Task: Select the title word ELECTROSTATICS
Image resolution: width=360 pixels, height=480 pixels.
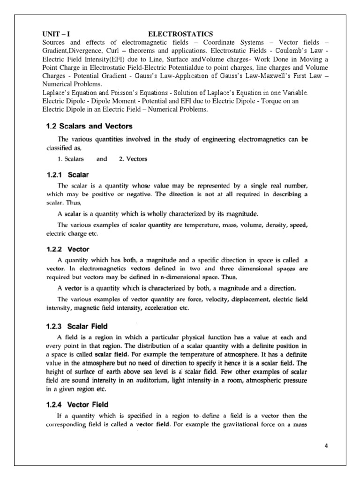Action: click(180, 34)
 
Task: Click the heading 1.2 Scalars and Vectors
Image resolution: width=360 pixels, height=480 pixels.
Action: click(88, 126)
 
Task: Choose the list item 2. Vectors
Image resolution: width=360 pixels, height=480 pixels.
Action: click(133, 159)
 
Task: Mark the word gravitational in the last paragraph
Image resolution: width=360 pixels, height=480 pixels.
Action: click(259, 425)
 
